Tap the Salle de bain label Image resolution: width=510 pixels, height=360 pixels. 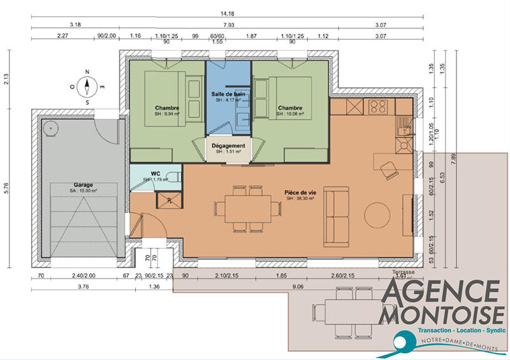(x=228, y=94)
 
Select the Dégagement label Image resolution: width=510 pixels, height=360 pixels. (x=228, y=146)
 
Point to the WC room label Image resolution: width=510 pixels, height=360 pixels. (x=155, y=173)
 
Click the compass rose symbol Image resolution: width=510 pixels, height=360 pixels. (x=88, y=87)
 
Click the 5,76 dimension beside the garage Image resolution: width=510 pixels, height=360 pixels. (x=6, y=189)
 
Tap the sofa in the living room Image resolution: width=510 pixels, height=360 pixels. (x=337, y=217)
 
